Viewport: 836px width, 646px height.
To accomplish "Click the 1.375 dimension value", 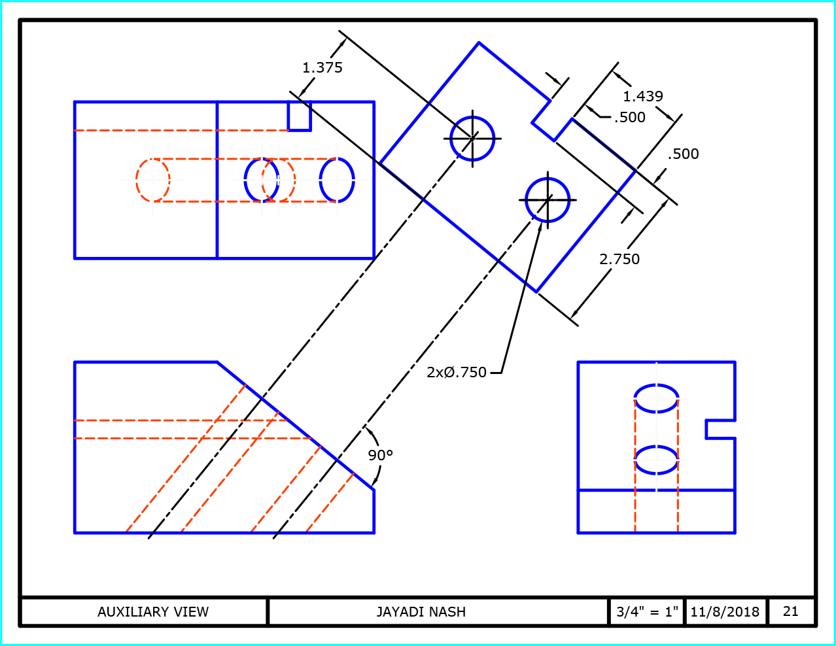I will [322, 67].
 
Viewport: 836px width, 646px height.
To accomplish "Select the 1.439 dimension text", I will [642, 96].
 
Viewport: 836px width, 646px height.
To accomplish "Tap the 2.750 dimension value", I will [619, 259].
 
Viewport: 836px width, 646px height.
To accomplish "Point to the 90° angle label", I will [380, 455].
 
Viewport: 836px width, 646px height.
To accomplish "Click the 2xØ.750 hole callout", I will [457, 372].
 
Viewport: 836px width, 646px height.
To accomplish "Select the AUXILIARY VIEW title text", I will [153, 612].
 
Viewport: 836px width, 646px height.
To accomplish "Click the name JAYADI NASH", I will [421, 612].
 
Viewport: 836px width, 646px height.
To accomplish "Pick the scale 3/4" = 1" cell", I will [647, 612].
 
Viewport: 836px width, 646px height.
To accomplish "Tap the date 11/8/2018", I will [725, 612].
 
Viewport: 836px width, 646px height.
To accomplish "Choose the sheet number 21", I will [791, 611].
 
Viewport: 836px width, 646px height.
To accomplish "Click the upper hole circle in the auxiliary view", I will [472, 139].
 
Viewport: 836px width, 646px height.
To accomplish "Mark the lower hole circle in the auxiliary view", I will [548, 200].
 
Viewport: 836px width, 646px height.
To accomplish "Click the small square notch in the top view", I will [300, 116].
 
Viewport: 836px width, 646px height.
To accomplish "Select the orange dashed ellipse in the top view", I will [153, 180].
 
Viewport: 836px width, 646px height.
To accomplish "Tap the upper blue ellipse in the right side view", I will [656, 398].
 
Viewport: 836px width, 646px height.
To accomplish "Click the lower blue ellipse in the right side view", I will [656, 460].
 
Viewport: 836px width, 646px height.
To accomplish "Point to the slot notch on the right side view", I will [720, 429].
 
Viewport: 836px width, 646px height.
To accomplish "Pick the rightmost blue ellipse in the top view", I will [337, 180].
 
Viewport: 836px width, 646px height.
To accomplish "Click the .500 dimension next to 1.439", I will [630, 117].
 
